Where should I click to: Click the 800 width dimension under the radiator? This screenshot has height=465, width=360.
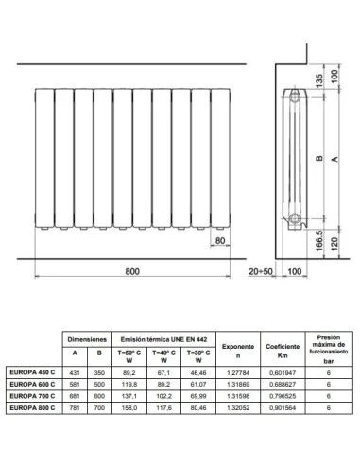[x=131, y=271]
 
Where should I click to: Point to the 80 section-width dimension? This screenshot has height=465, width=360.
[x=219, y=241]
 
